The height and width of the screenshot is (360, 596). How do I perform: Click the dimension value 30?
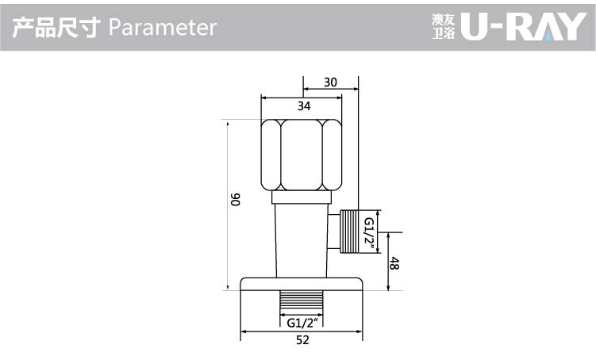pos(330,82)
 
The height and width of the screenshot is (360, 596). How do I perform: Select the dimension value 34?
pos(304,106)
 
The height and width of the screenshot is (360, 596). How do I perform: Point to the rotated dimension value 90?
pos(236,199)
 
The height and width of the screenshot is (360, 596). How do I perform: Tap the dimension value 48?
pos(394,263)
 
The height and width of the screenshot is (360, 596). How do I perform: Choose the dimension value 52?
pos(302,340)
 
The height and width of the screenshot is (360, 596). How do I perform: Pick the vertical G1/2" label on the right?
pos(369,235)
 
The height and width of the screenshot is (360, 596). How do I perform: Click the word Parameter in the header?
pos(163,27)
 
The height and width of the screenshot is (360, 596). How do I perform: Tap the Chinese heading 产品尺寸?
pos(56,27)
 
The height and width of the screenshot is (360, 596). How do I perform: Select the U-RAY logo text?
pos(524,27)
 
